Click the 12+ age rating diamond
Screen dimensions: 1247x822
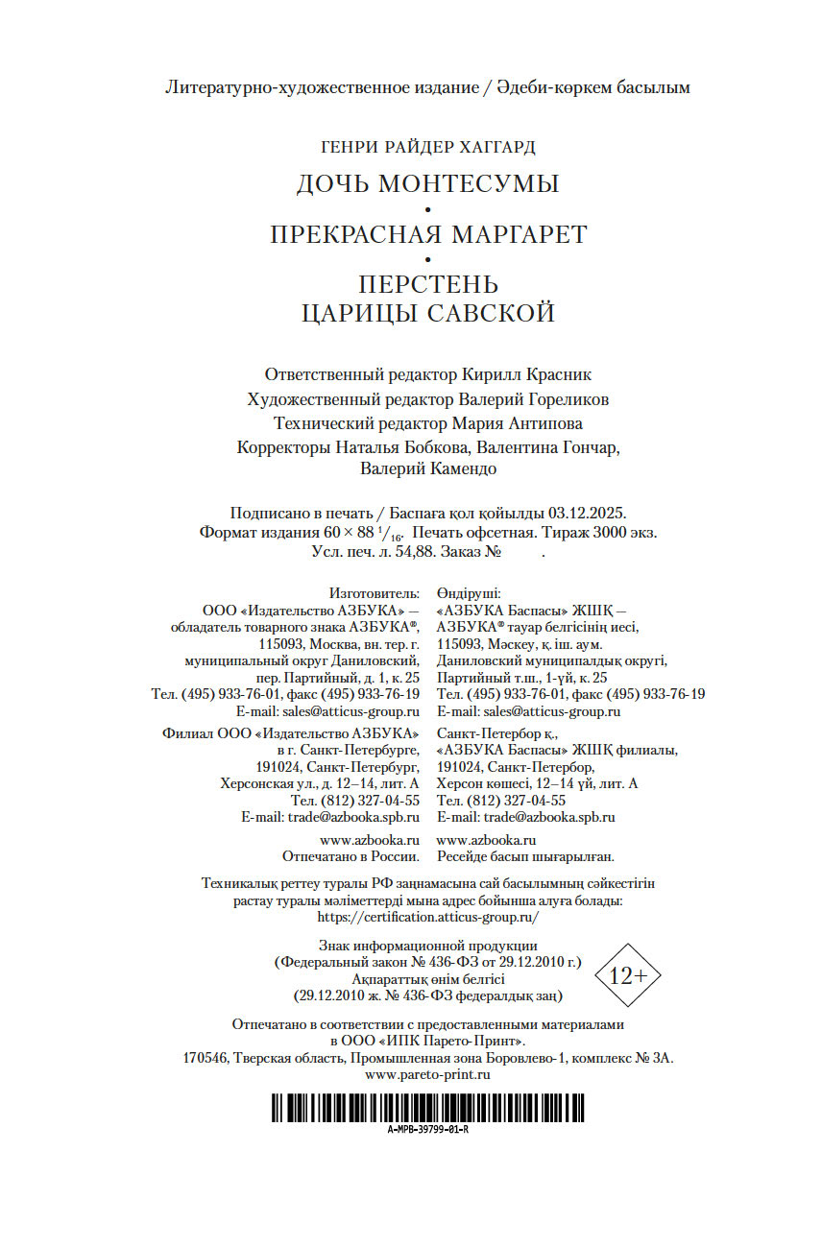628,975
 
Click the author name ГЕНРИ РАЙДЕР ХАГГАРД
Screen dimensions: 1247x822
427,147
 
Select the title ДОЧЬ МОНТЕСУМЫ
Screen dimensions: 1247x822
427,183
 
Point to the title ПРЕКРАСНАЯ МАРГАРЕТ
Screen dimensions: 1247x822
427,234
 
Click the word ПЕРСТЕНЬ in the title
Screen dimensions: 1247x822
428,285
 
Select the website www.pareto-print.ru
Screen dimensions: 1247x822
428,1074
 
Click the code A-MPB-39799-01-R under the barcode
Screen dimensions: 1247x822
427,1129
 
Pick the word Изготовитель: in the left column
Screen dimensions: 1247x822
374,593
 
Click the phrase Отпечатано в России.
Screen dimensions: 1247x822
351,855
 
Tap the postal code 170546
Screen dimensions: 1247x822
204,1058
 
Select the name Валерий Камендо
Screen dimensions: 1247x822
428,469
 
